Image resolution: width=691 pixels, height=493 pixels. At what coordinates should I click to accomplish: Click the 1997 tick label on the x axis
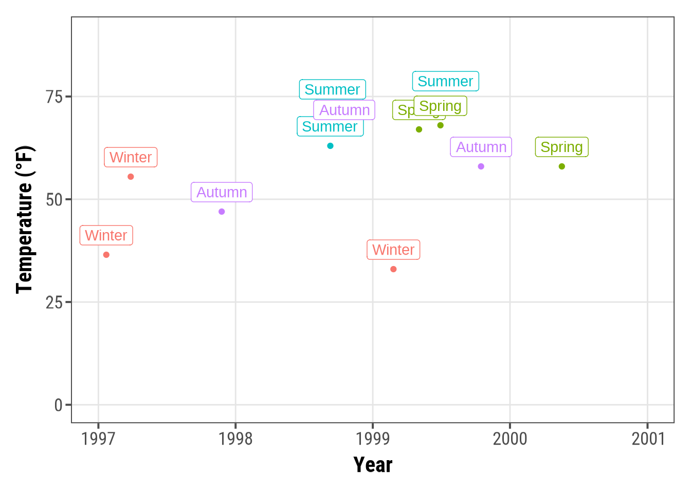click(98, 439)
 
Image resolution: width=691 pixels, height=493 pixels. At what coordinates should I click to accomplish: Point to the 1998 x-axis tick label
click(235, 439)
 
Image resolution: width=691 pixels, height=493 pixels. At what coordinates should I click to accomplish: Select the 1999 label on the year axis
click(373, 439)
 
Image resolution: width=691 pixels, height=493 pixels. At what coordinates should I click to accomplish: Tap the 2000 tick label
click(510, 439)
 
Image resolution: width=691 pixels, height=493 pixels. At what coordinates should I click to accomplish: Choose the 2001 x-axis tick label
click(648, 439)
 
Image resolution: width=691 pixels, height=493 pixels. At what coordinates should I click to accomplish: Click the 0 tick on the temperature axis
click(59, 405)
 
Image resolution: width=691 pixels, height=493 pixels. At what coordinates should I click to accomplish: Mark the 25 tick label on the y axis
click(54, 302)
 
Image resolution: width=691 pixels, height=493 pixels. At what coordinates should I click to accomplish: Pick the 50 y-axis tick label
click(54, 200)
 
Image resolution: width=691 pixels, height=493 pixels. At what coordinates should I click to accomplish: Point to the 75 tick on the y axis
click(54, 97)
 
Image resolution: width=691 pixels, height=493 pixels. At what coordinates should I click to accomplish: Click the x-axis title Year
click(373, 465)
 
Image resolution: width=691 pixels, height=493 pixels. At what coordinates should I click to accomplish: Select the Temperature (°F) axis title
click(24, 220)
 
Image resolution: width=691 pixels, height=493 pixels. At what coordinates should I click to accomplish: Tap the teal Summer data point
click(330, 146)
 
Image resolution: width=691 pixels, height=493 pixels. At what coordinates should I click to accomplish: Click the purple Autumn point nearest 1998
click(222, 212)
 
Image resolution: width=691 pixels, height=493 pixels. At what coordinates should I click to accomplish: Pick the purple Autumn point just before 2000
click(481, 166)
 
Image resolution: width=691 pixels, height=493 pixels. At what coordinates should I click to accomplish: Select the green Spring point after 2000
click(561, 166)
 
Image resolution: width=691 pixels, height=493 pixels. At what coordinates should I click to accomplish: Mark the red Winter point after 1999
click(393, 269)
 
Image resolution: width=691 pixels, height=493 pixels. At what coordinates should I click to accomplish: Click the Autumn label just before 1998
click(222, 192)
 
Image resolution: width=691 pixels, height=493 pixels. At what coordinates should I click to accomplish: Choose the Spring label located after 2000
click(561, 147)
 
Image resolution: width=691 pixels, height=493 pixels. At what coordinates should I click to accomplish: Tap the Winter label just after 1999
click(393, 250)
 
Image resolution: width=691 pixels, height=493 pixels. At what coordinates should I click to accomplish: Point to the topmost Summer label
click(445, 81)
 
